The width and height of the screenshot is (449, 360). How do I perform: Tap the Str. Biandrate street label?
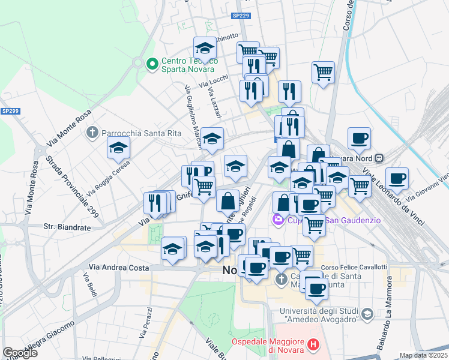point(67,227)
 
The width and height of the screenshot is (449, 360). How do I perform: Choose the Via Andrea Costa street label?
point(119,268)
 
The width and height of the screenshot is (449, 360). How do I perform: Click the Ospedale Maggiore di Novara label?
point(268,345)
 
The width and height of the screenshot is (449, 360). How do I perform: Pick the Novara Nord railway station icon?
point(379,158)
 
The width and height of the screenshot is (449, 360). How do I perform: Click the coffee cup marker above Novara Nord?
point(359,138)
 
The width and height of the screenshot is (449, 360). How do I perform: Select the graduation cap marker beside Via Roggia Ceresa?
point(119,148)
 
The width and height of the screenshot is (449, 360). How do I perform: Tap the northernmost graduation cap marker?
point(205,48)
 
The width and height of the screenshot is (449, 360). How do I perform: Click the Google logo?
point(20,353)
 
